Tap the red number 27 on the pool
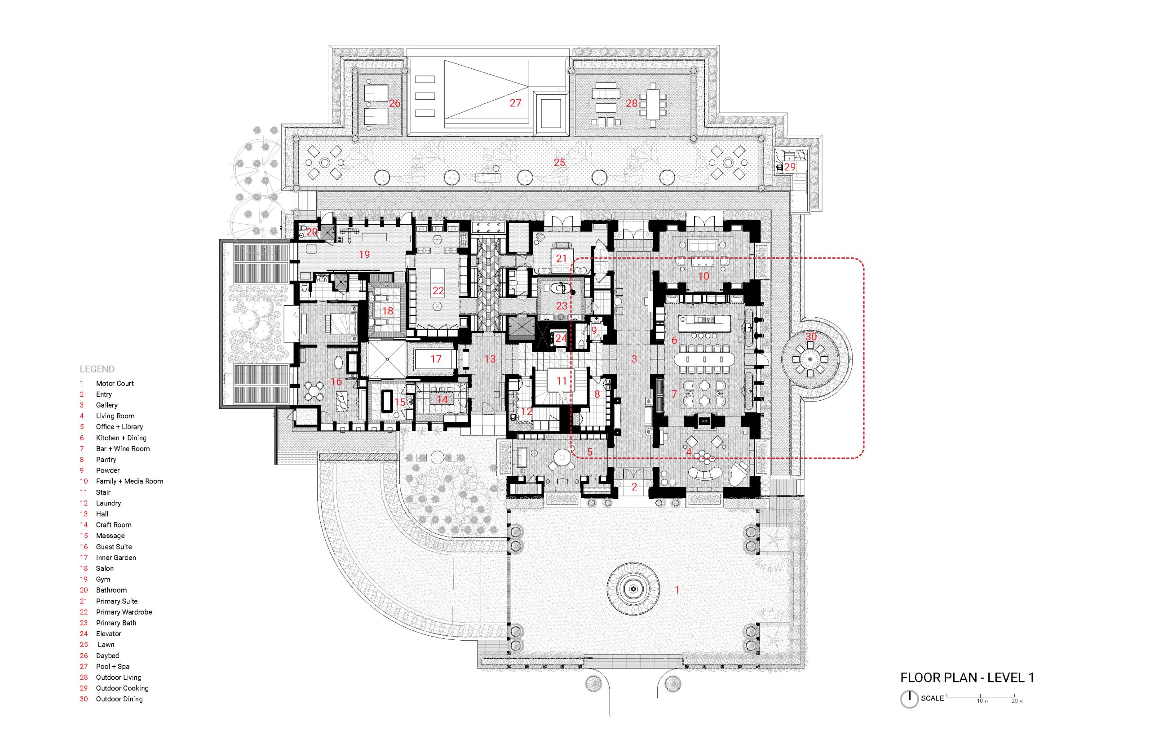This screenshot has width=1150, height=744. [515, 103]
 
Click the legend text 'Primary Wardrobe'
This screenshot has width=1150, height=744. [124, 612]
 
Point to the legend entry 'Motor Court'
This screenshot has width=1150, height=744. [115, 384]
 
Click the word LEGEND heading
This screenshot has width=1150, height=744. [97, 369]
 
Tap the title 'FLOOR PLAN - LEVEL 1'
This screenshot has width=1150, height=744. [967, 678]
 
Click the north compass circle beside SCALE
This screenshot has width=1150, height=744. [910, 699]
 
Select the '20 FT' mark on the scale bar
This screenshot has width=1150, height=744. [1015, 700]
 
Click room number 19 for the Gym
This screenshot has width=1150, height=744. [364, 254]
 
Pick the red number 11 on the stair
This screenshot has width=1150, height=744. [561, 381]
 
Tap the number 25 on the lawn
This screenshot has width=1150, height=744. [559, 162]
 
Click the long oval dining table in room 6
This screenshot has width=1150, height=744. [704, 359]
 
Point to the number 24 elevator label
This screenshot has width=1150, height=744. [561, 338]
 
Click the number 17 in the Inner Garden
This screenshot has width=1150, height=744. [436, 359]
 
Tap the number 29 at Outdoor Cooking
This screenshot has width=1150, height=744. [790, 167]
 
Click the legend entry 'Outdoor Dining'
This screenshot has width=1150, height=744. [119, 699]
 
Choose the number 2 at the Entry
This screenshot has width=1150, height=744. [634, 487]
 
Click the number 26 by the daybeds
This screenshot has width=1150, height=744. [394, 103]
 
